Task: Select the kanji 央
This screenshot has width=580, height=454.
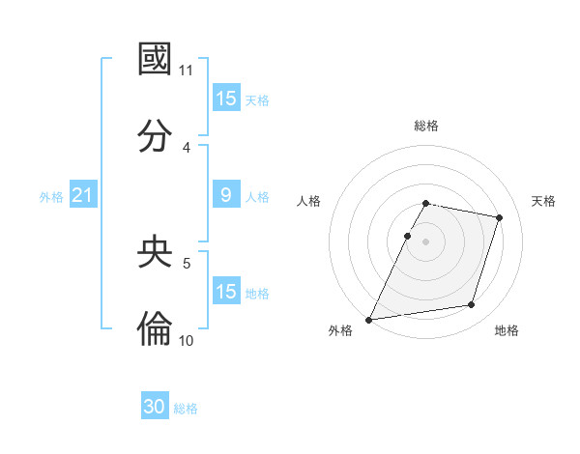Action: [155, 252]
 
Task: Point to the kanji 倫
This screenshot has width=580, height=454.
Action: [155, 329]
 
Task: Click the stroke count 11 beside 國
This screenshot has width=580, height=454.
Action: [187, 71]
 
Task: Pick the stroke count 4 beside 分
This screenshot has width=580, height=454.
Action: [187, 148]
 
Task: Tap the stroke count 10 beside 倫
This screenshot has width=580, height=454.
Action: [187, 341]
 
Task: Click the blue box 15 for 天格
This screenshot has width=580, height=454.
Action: [226, 99]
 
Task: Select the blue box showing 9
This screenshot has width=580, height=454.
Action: [226, 195]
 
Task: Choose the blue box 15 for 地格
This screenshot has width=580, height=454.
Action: [226, 292]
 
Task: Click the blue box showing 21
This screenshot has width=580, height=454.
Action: [83, 195]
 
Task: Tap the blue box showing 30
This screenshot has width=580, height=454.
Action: [155, 407]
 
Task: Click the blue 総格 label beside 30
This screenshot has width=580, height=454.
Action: [186, 409]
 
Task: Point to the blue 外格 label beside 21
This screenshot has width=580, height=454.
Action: [51, 197]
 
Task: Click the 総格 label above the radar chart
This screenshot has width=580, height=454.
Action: [426, 126]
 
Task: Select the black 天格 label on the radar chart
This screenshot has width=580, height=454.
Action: [543, 201]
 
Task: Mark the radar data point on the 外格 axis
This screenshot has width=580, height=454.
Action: [369, 319]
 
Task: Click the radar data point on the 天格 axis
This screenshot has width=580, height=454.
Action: [500, 217]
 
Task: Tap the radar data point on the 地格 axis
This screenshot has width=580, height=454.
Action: [472, 305]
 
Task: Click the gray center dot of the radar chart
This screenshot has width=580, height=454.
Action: [425, 241]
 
